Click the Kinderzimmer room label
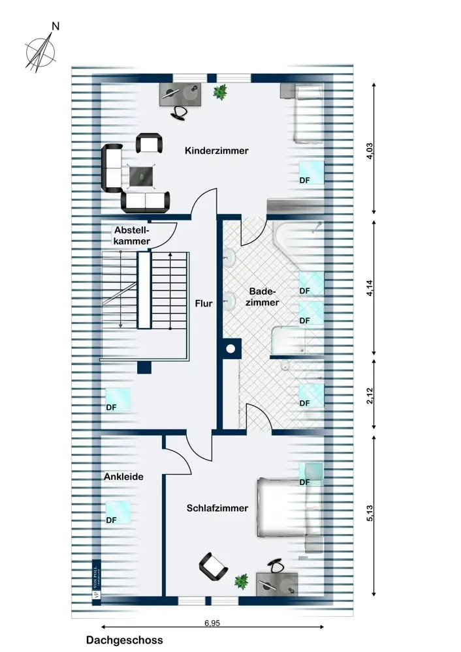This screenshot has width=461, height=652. [x=217, y=151]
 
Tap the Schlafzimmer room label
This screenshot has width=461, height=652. [x=217, y=508]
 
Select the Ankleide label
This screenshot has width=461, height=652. [x=123, y=477]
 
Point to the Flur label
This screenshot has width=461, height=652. [x=204, y=303]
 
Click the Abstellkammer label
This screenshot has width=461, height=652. [x=132, y=235]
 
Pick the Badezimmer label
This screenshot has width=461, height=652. [x=264, y=297]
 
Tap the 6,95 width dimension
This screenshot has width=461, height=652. [x=211, y=623]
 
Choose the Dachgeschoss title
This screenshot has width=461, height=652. [x=125, y=640]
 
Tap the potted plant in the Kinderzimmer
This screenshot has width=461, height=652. [x=221, y=93]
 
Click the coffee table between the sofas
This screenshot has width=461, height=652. [x=142, y=175]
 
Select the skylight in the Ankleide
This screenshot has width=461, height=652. [x=118, y=512]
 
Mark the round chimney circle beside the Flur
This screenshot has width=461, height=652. [x=230, y=349]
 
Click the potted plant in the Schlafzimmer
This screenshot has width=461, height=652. [x=242, y=580]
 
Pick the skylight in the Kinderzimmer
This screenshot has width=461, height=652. [x=311, y=172]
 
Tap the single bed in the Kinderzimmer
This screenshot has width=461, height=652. [x=307, y=114]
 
